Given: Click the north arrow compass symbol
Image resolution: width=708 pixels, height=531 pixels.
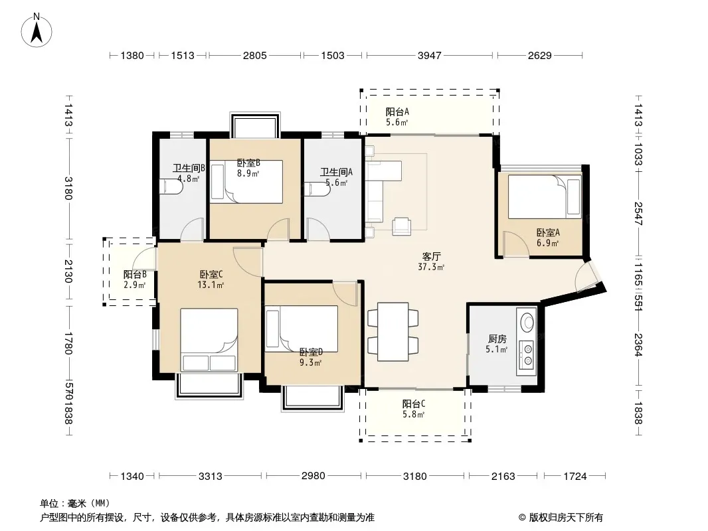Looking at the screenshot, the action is [37, 30].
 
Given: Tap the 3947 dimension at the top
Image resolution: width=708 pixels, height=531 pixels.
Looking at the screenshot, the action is [429, 56].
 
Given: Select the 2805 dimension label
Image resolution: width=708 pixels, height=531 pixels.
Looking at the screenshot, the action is [254, 56].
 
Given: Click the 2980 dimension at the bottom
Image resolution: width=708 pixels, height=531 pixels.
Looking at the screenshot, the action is [313, 475].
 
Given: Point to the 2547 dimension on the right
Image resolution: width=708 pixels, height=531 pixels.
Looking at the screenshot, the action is [638, 213].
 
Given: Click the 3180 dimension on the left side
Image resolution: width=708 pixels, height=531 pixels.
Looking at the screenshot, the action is [68, 188].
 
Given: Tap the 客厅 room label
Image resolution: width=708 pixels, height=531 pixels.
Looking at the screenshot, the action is [431, 256].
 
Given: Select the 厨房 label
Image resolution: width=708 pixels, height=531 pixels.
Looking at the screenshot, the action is [497, 339].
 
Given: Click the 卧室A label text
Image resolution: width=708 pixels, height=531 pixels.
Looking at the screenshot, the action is [548, 232].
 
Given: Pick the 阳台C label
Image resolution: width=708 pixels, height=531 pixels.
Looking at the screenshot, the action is [414, 404].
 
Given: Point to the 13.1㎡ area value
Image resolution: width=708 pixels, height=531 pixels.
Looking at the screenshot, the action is [211, 285].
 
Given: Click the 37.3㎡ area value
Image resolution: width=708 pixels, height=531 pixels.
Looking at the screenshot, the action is [431, 267].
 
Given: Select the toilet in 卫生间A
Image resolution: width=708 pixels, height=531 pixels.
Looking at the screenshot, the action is [315, 189].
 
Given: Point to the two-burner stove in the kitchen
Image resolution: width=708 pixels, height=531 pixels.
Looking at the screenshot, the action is [527, 354].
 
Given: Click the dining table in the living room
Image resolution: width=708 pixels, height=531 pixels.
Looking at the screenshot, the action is [393, 332].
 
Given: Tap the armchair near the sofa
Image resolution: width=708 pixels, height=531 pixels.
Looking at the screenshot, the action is [401, 226].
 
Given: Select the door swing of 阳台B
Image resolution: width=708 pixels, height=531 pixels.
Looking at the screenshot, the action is [144, 260].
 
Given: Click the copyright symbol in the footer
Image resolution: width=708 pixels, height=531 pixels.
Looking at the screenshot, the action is [522, 518].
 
